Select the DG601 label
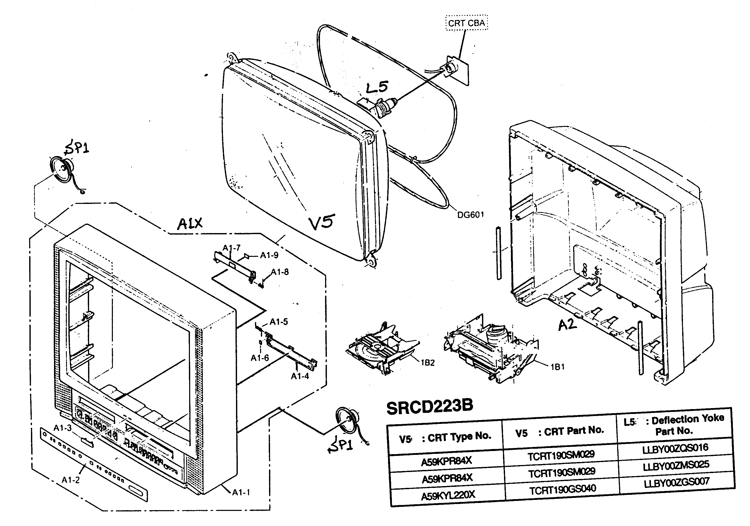(x=470, y=215)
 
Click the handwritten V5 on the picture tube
(x=322, y=222)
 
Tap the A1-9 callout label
(x=269, y=255)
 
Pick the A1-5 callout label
(x=279, y=322)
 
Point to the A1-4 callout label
(x=299, y=376)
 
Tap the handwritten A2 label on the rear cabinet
(x=567, y=325)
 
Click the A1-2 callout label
(x=71, y=480)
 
